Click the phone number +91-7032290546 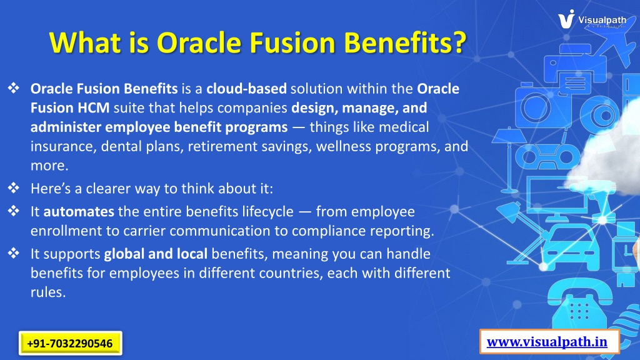click(70, 343)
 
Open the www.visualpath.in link click(547, 342)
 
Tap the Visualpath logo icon click(566, 19)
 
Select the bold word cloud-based click(246, 89)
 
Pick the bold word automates click(79, 211)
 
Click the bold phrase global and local click(156, 254)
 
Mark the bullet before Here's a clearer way click(14, 187)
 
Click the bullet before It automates click(14, 211)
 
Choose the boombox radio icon click(547, 156)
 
